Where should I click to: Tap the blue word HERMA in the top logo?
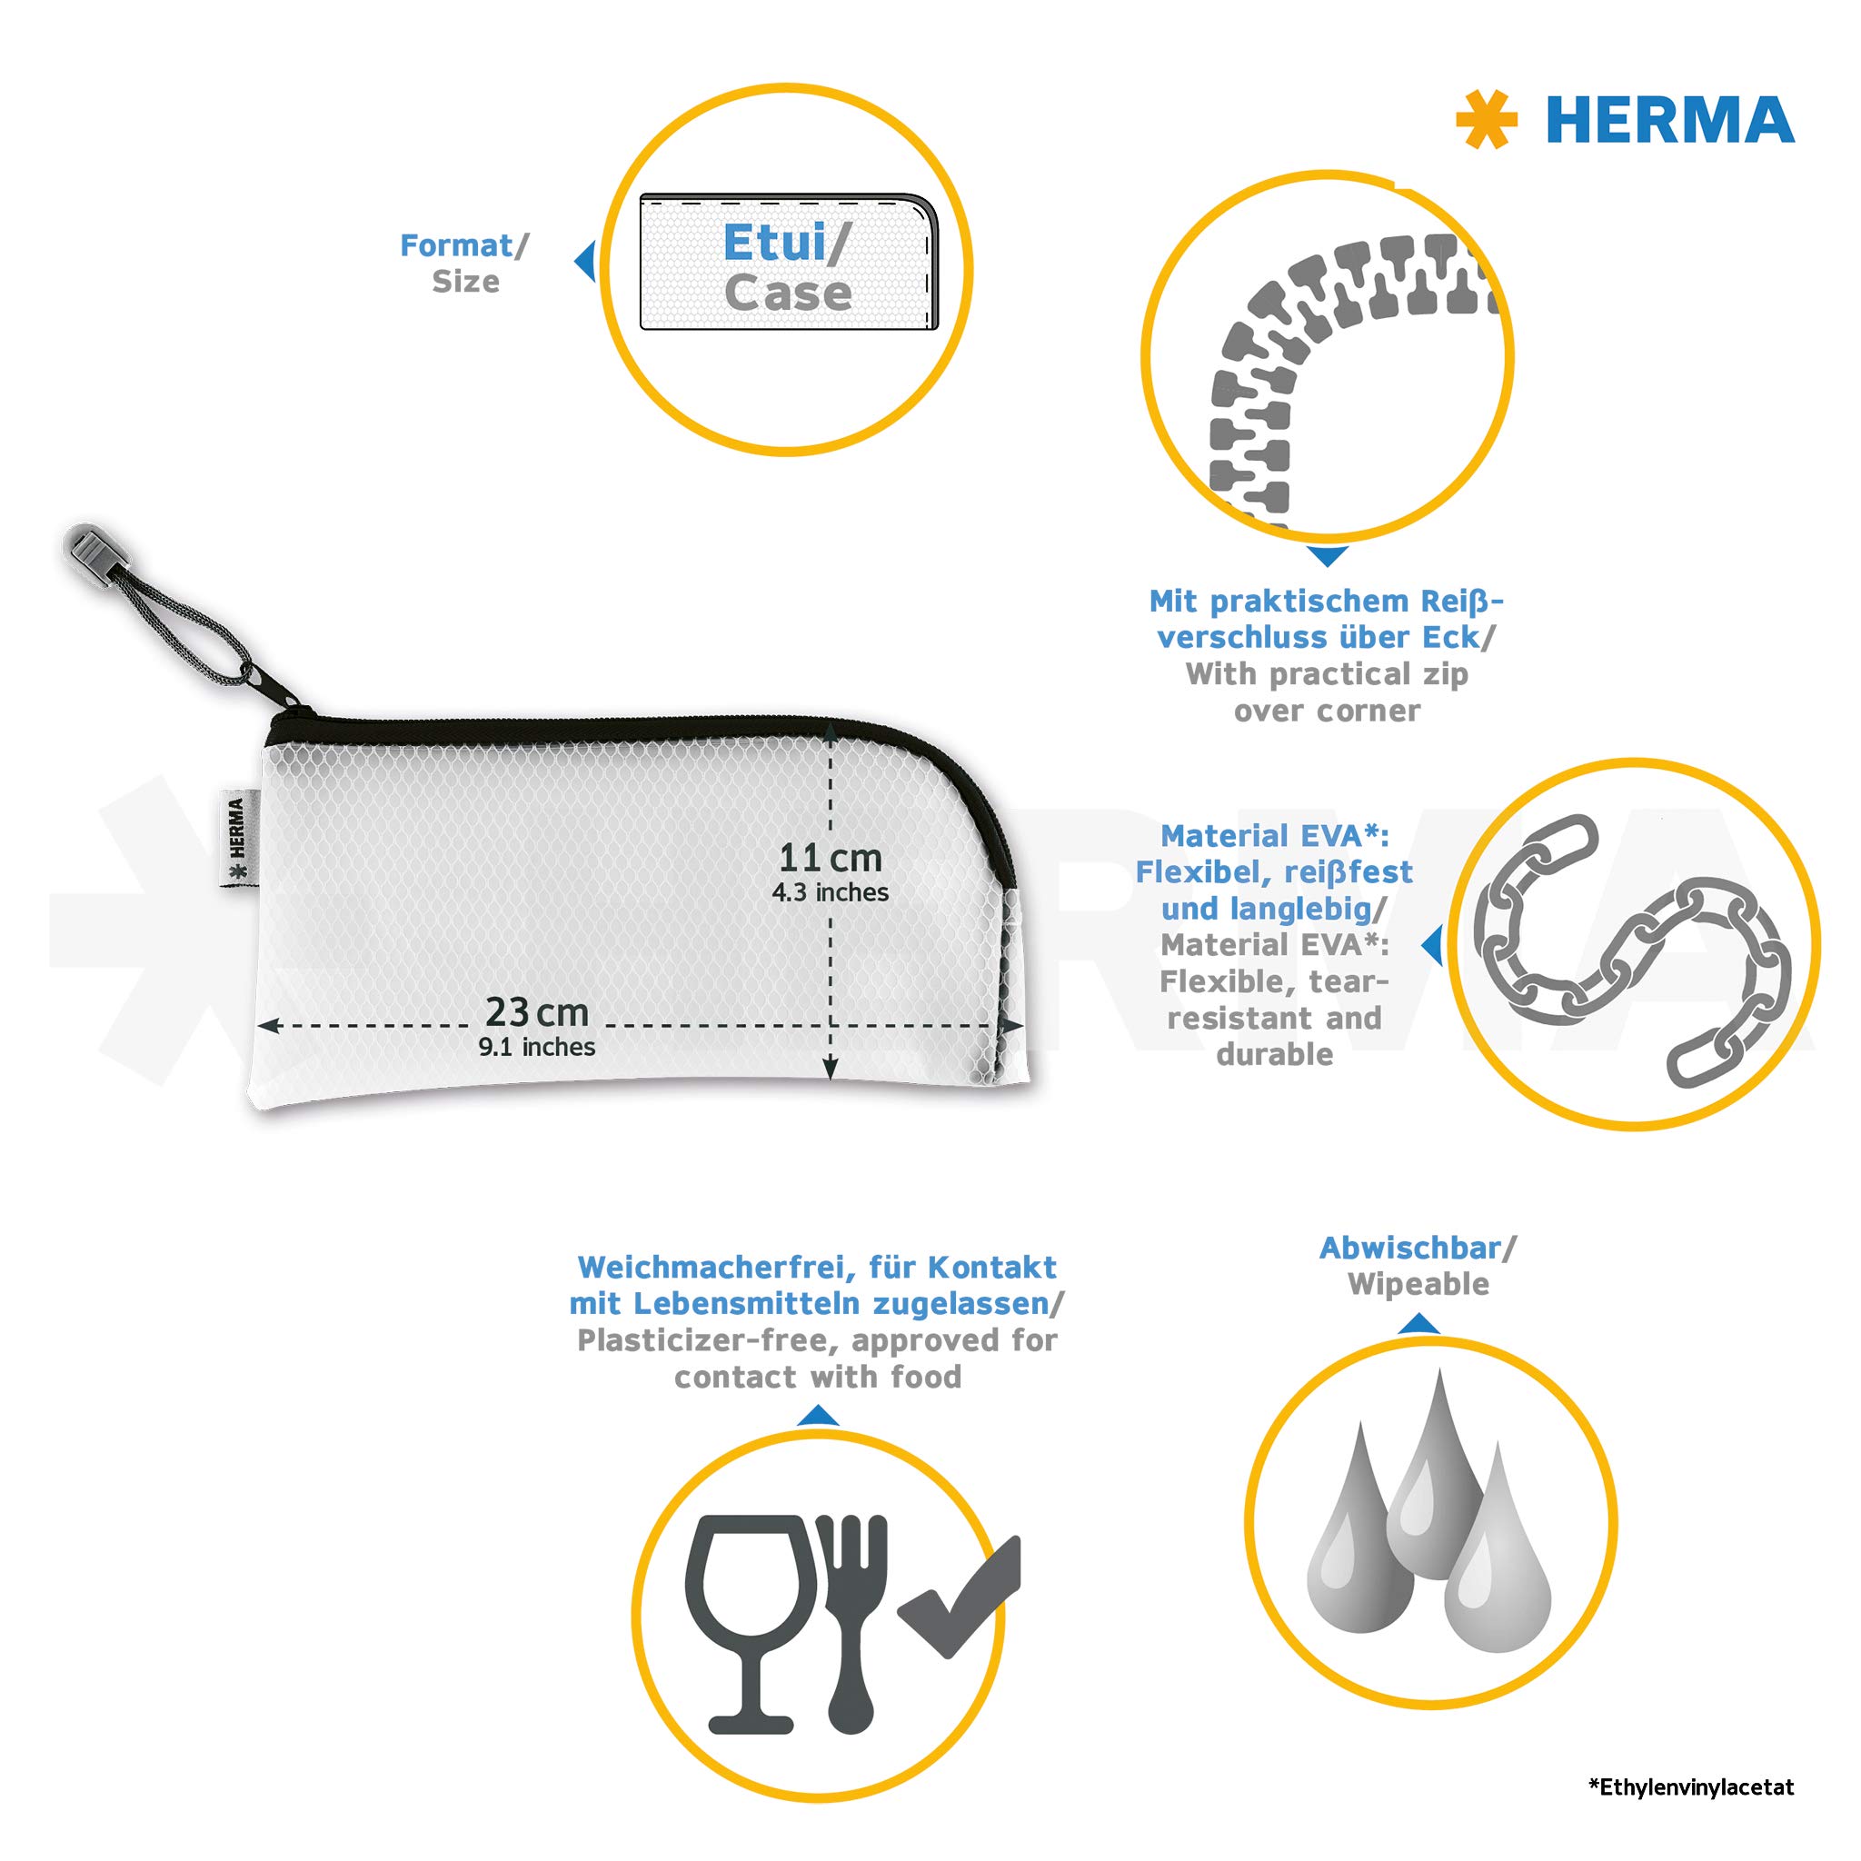(x=1669, y=121)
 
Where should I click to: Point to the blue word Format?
(x=455, y=245)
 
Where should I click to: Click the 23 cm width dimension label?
(x=536, y=1011)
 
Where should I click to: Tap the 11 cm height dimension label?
(x=830, y=856)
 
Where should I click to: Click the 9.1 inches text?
(x=536, y=1047)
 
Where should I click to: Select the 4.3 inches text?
(x=830, y=893)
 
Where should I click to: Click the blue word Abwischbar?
(x=1410, y=1249)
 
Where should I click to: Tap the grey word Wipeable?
(x=1418, y=1285)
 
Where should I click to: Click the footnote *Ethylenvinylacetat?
(x=1691, y=1787)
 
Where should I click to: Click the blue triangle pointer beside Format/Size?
(x=583, y=261)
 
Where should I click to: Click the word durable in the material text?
(x=1274, y=1055)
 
